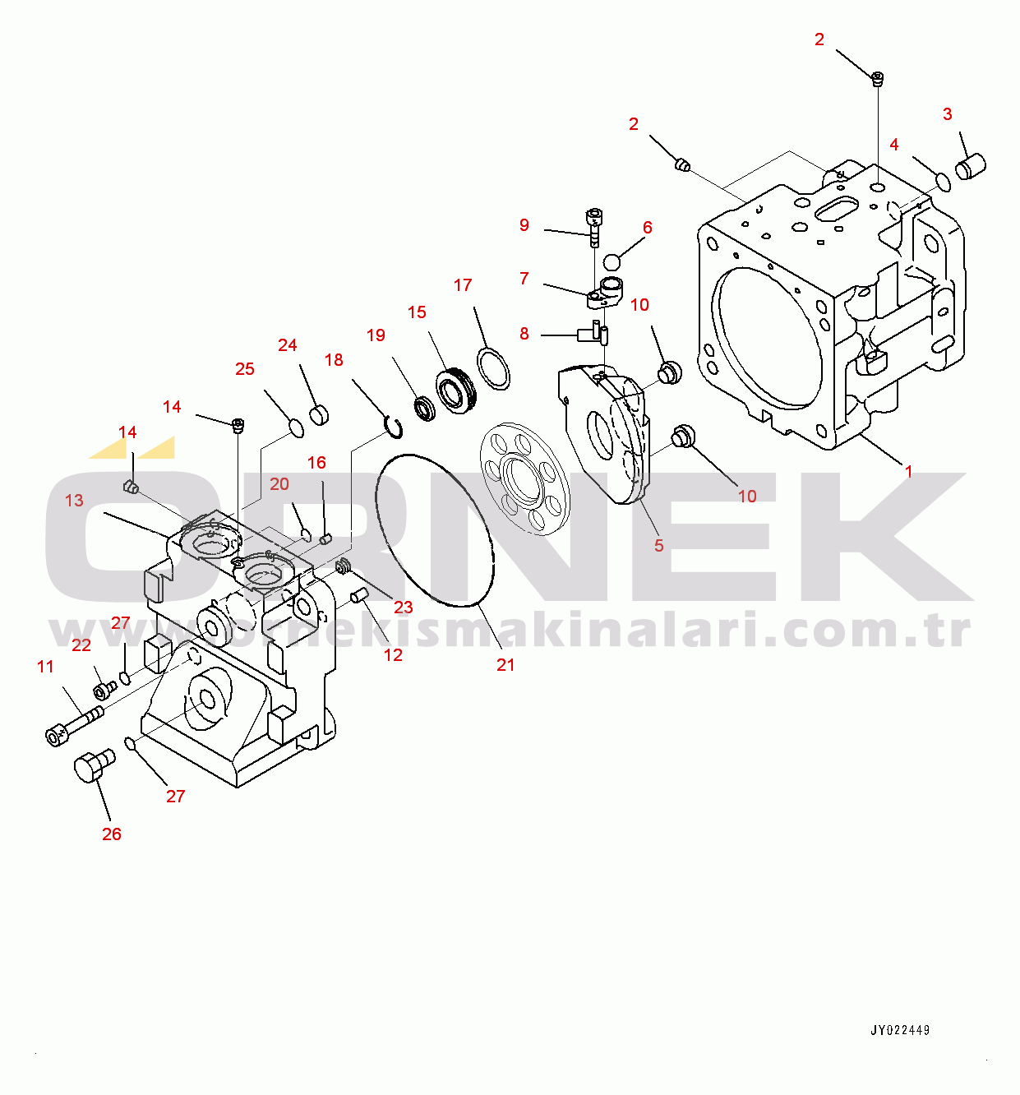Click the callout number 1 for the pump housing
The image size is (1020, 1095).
[x=908, y=472]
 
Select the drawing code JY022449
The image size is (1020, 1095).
[x=900, y=1030]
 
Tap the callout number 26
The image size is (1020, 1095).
[x=112, y=834]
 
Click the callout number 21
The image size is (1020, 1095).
[x=505, y=665]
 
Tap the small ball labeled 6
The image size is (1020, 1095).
[x=612, y=262]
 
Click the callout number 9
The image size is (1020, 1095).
[x=524, y=225]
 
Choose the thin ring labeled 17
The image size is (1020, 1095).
[x=493, y=368]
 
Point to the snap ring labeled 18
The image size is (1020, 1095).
[x=394, y=428]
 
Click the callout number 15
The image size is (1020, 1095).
[x=417, y=312]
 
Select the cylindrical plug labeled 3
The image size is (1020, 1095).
[x=971, y=166]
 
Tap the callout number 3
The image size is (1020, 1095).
[x=947, y=114]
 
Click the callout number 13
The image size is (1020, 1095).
[x=74, y=500]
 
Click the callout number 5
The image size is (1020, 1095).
[x=658, y=545]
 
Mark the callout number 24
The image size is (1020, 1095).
[x=287, y=345]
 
